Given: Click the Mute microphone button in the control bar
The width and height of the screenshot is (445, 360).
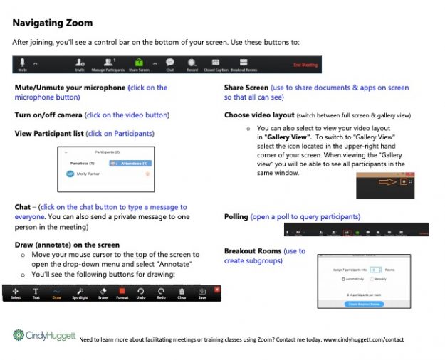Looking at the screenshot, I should coord(23,64).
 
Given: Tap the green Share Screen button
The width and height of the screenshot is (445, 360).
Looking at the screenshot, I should coord(139,64).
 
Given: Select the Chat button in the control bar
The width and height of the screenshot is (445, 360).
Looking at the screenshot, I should coord(170,64).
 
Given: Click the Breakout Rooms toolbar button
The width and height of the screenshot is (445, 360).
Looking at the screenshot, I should coord(244,64).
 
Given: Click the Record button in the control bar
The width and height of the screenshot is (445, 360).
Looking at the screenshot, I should coord(192,64).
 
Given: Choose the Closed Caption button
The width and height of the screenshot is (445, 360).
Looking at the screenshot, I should coord(216,64).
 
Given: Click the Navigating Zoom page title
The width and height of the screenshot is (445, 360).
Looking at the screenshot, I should coord(52,23).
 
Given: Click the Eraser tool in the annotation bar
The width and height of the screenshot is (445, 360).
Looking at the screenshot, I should coord(103,292).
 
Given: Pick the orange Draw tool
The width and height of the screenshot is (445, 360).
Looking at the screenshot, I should coord(57,292).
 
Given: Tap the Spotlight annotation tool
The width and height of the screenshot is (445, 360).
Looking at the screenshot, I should coord(80,292).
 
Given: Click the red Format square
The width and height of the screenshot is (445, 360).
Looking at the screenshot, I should coord(122,292).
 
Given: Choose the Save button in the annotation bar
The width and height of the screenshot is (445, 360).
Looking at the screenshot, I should coord(202,292).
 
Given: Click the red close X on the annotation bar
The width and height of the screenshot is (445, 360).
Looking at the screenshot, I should coord(217,289).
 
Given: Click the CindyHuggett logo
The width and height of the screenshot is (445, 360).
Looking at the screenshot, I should coord(43,334).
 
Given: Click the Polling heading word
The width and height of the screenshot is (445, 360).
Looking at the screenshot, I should coord(236,216).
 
